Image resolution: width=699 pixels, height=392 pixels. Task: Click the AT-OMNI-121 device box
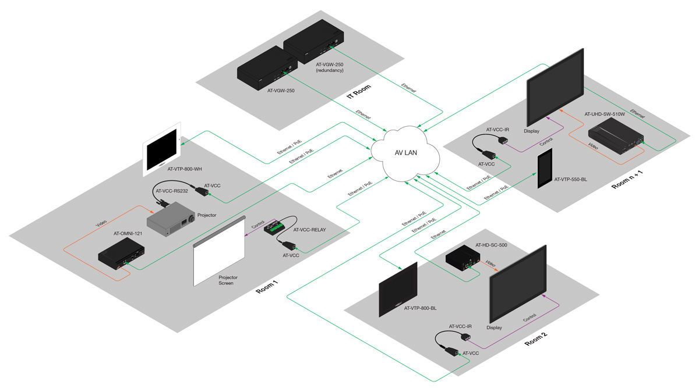coord(121,254)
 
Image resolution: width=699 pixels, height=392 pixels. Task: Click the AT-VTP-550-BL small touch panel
coord(544,169)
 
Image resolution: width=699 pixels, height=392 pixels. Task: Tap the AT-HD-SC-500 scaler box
coord(464,259)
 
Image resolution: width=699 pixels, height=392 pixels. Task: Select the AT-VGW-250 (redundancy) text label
coord(329,67)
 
